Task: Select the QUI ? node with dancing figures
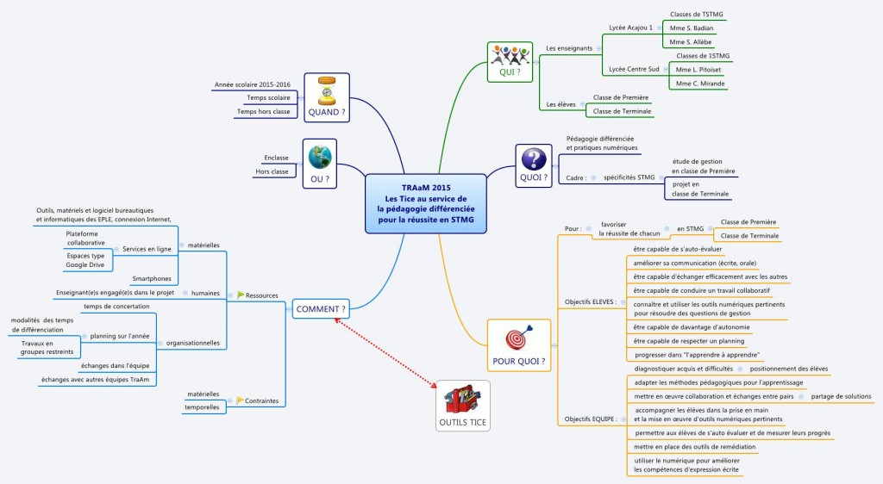(x=510, y=61)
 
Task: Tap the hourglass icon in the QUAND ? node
(x=327, y=90)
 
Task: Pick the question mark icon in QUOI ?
(x=534, y=159)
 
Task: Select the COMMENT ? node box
(x=321, y=308)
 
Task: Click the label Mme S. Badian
(x=691, y=28)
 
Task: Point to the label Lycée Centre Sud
(x=634, y=69)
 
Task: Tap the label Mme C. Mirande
(x=700, y=84)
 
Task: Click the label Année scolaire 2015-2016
(x=252, y=85)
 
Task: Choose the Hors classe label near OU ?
(x=272, y=171)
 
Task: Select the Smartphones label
(x=151, y=279)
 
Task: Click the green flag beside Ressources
(x=241, y=295)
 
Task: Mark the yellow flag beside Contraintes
(x=241, y=400)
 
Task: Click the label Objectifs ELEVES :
(x=589, y=301)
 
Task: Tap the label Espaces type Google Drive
(x=85, y=261)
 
